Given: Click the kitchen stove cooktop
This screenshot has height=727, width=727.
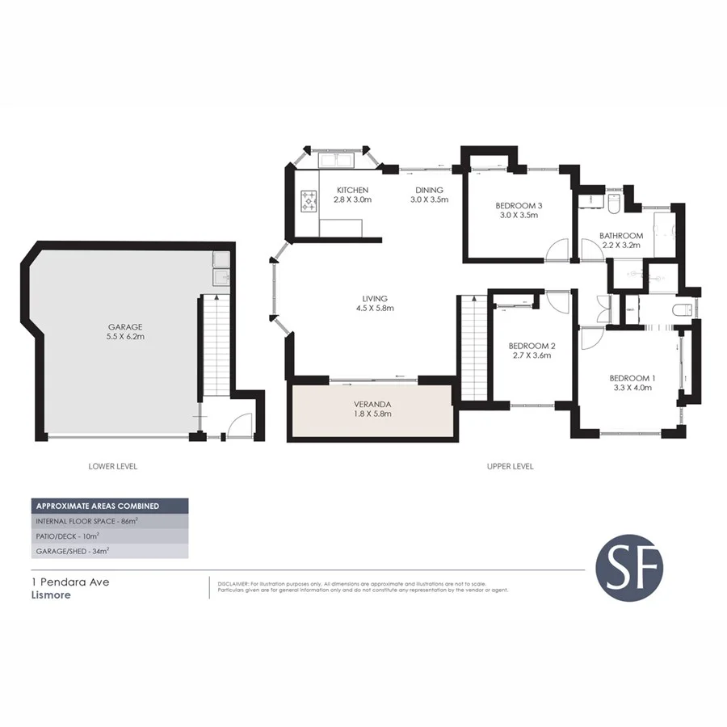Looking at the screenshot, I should (309, 201).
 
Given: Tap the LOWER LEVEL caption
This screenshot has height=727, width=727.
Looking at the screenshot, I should (111, 466).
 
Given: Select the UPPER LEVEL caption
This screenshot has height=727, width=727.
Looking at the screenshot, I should (510, 466).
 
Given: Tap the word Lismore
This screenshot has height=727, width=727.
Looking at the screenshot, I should (51, 595).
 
